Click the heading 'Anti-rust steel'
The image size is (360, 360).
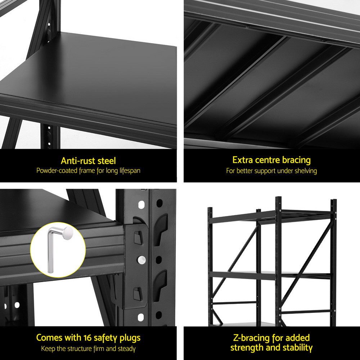88,161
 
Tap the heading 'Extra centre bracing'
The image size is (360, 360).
271,160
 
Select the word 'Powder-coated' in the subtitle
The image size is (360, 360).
57,171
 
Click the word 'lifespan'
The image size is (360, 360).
127,171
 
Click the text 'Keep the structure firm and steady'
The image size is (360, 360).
88,348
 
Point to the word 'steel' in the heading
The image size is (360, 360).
106,161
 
